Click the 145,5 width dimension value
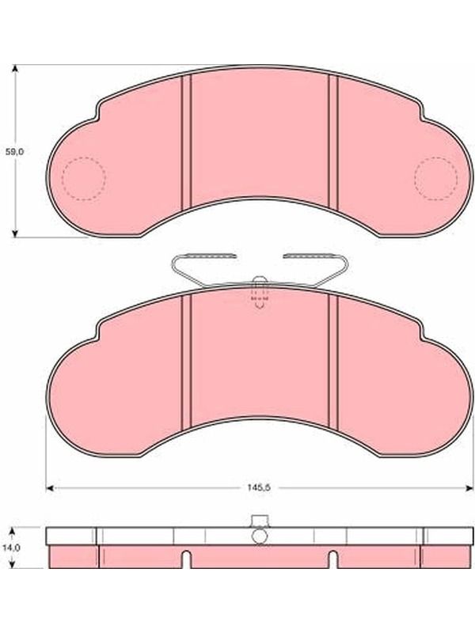point(259,487)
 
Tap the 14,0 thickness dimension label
point(13,548)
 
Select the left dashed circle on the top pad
point(84,179)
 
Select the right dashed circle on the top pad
point(436,179)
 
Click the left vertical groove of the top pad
point(186,142)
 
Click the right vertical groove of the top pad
point(333,142)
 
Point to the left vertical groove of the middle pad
point(186,361)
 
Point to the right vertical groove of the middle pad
point(333,361)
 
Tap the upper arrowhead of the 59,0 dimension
point(15,68)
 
